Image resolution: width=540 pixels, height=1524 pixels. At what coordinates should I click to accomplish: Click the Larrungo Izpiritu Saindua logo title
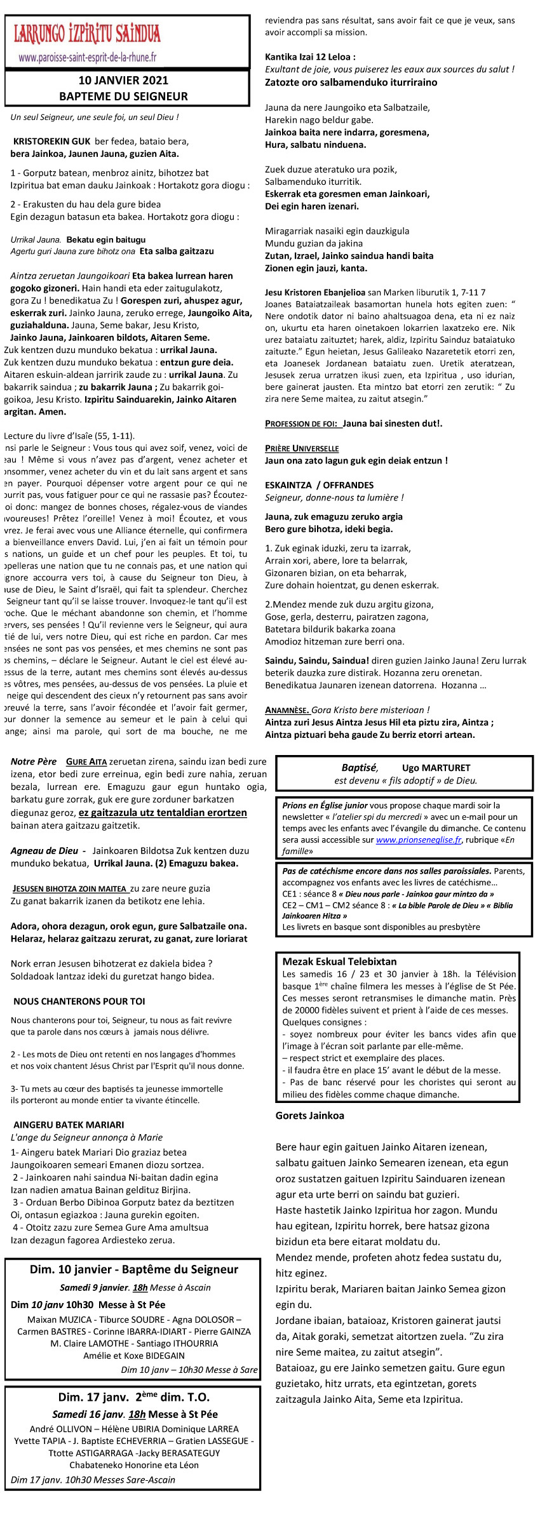(87, 34)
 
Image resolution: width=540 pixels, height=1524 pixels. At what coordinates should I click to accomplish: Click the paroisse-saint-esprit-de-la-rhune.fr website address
(88, 57)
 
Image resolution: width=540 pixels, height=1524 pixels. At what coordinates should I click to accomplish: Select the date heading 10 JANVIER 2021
(123, 81)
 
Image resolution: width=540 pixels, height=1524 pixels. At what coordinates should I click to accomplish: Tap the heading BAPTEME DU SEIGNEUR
(123, 97)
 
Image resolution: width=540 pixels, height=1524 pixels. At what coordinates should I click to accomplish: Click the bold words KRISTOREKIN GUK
(51, 142)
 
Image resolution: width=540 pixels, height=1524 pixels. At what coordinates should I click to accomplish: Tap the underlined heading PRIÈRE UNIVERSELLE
(302, 448)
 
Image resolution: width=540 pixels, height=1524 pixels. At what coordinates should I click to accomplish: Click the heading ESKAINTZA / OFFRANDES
(319, 485)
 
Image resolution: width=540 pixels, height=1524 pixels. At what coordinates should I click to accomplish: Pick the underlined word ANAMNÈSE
(287, 710)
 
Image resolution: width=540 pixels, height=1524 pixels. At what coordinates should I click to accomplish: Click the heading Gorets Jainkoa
(310, 1115)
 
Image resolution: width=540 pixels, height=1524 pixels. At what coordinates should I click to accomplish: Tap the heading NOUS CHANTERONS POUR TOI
(79, 1001)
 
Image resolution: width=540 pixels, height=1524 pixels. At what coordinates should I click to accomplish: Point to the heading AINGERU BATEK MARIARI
(69, 1125)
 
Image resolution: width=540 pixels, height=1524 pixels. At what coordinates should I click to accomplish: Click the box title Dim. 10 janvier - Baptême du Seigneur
(134, 1269)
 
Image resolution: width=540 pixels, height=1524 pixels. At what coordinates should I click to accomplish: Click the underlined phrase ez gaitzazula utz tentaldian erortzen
(163, 813)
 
